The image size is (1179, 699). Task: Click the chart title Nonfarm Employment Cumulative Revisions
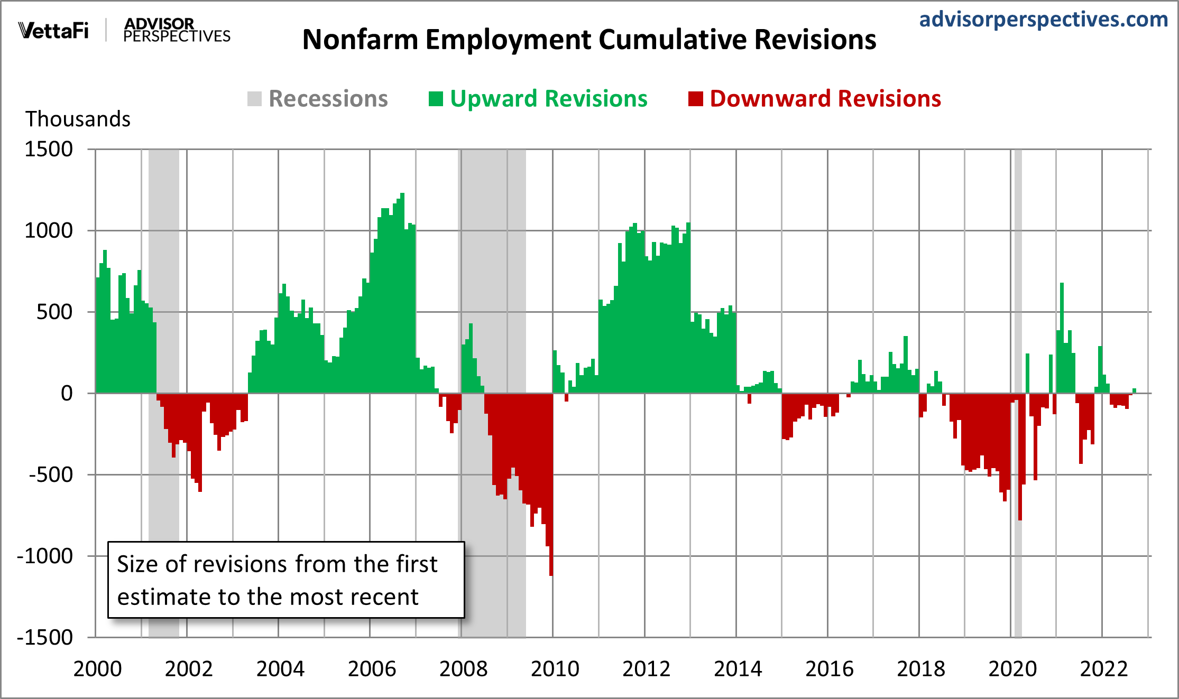589,40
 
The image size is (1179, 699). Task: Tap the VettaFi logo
53,31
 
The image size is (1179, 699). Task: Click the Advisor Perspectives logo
177,30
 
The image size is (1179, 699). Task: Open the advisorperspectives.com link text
1043,20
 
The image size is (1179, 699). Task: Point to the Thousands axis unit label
78,119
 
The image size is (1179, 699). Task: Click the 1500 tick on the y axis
49,150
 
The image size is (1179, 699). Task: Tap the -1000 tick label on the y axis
45,556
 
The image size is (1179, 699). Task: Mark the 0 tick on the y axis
67,394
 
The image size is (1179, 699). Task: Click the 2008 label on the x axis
463,669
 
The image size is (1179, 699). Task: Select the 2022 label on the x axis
1103,669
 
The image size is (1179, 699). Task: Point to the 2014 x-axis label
738,669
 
